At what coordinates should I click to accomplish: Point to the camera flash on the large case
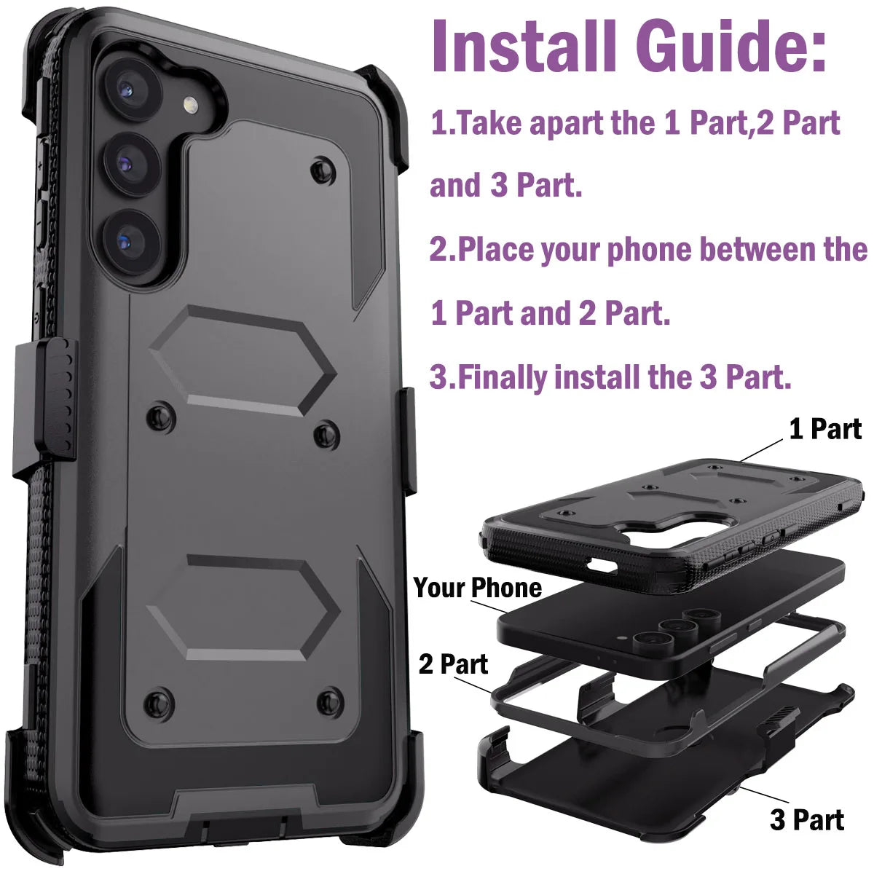pyautogui.click(x=192, y=106)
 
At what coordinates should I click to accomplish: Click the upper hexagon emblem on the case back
pyautogui.click(x=243, y=361)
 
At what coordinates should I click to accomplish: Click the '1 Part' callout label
pyautogui.click(x=825, y=429)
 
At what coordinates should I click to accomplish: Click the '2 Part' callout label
pyautogui.click(x=453, y=664)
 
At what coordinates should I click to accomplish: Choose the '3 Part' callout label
pyautogui.click(x=807, y=819)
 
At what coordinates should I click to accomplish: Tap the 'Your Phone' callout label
pyautogui.click(x=478, y=587)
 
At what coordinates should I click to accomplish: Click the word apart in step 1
pyautogui.click(x=567, y=124)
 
